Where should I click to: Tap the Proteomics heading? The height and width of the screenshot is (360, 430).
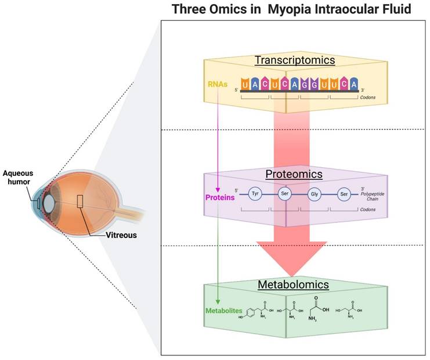click(294, 174)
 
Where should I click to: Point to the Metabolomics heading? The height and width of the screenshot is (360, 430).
click(293, 285)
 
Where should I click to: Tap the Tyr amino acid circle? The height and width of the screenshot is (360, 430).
click(255, 195)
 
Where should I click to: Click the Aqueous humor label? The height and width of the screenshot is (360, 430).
click(17, 176)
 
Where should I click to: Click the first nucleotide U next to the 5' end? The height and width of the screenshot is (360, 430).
click(247, 87)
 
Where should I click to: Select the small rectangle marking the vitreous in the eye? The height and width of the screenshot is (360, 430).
click(80, 201)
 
